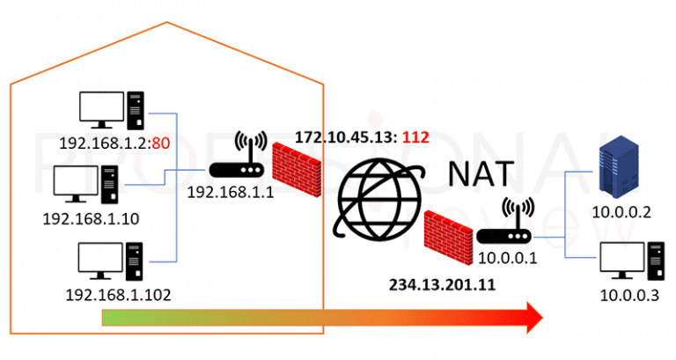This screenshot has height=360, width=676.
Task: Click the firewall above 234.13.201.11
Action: pos(448,233)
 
